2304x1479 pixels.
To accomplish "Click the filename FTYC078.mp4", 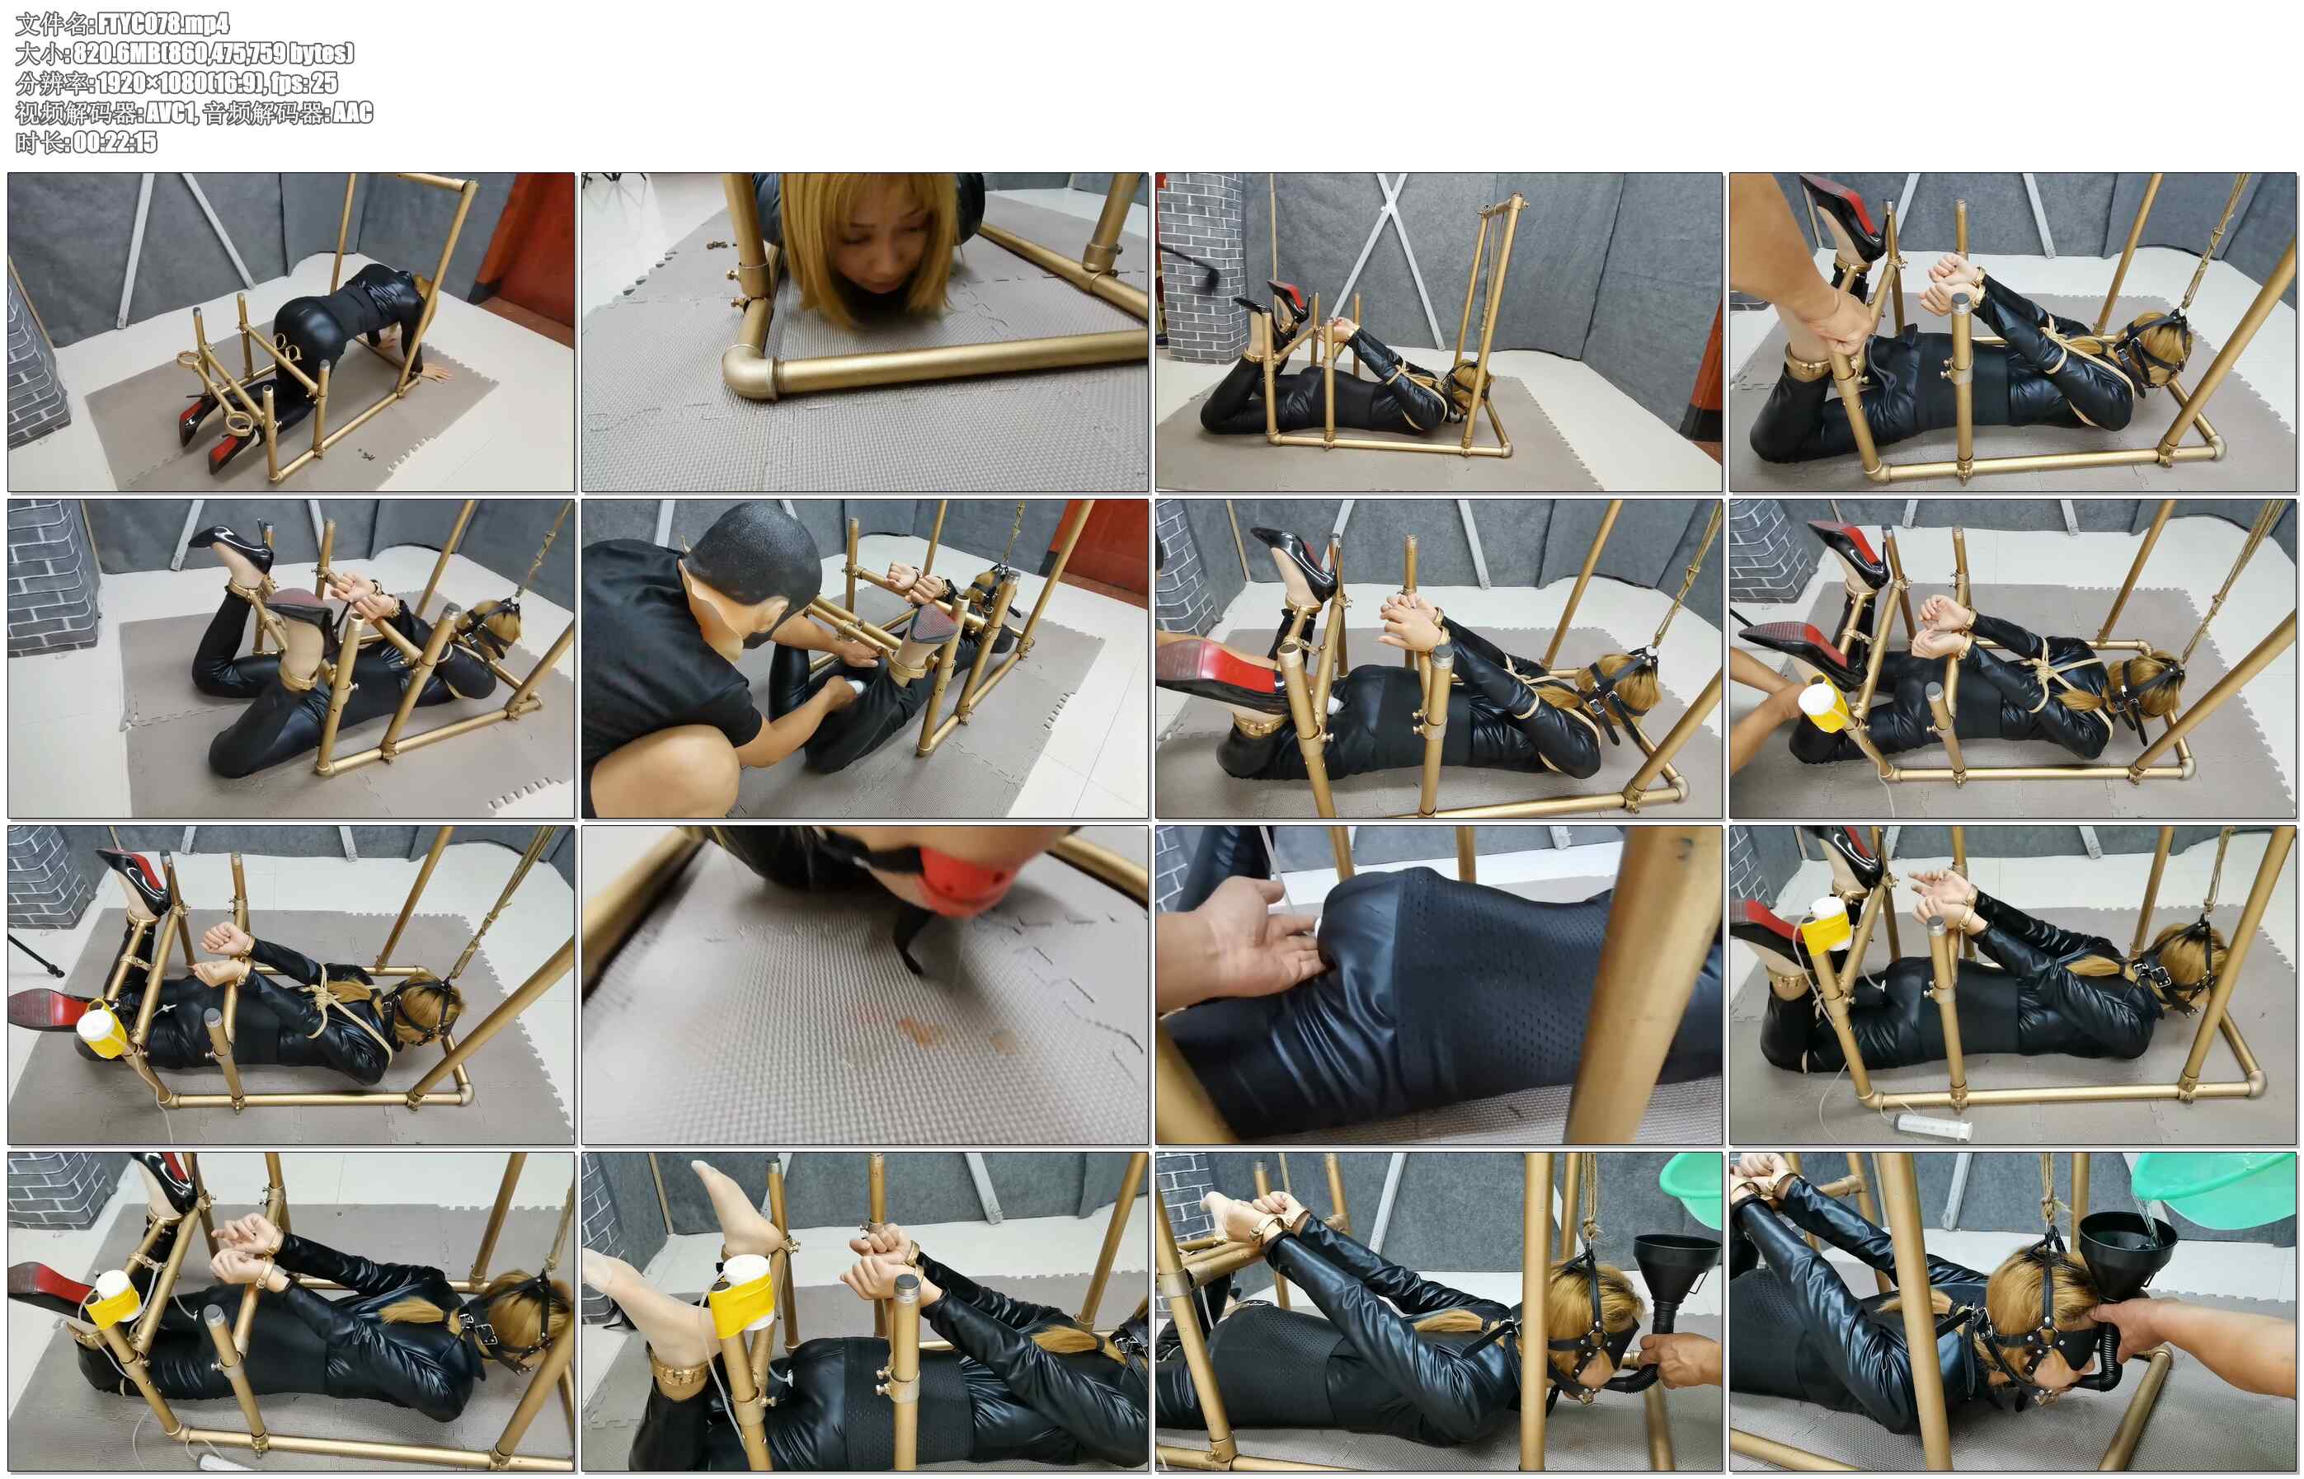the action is (164, 23).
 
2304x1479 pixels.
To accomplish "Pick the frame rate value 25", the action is (326, 82).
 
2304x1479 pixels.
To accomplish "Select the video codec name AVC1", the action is (171, 112).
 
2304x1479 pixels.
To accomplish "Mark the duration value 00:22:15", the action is (115, 142).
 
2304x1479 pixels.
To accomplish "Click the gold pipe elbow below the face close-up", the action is (752, 369).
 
